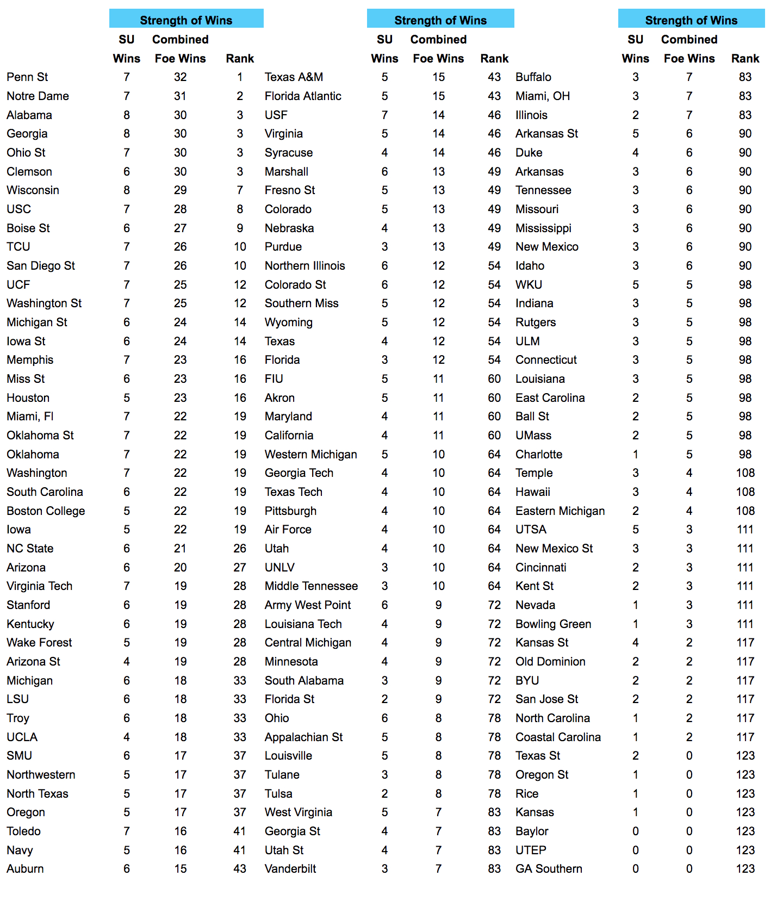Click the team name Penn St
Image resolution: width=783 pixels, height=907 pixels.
click(27, 77)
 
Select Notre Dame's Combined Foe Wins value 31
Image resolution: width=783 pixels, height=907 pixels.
click(180, 96)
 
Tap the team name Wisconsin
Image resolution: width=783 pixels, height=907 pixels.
click(33, 190)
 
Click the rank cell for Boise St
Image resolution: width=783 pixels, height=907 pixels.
click(240, 228)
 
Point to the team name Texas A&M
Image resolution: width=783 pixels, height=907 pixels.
click(294, 77)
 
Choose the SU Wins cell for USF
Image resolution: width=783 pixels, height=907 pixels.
click(384, 115)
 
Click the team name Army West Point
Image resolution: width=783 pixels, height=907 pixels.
click(308, 605)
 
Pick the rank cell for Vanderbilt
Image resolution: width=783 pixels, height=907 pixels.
click(494, 869)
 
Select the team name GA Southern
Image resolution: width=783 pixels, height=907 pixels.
click(549, 869)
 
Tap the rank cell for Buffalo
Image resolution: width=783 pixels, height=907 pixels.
click(745, 77)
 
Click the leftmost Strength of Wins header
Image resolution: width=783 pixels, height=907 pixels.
click(186, 20)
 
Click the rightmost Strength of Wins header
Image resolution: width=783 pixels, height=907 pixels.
click(691, 20)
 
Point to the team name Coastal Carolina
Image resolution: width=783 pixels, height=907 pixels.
click(558, 737)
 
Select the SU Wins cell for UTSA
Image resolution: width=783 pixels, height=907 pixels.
click(635, 530)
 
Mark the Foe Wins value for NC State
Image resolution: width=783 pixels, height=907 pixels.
click(180, 549)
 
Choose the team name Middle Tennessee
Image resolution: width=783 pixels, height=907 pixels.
click(311, 586)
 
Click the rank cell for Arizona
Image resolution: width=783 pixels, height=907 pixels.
click(240, 568)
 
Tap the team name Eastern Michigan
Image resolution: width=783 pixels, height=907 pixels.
click(560, 511)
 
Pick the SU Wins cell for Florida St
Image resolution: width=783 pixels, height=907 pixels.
click(384, 699)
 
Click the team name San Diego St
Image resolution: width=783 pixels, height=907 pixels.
click(41, 266)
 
